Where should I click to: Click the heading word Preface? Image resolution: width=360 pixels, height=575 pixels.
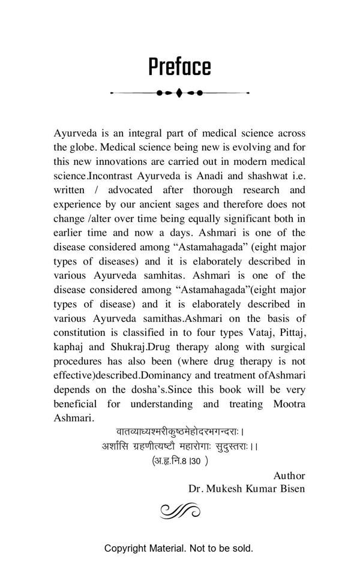pos(179,67)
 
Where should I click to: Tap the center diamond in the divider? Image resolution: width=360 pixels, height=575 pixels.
pos(179,93)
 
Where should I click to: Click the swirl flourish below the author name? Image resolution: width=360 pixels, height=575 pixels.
pos(179,511)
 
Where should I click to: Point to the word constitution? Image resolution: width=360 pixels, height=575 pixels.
pos(82,333)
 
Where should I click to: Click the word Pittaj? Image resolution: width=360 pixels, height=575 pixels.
pos(290,333)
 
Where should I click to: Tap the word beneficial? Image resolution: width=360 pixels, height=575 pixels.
pos(76,404)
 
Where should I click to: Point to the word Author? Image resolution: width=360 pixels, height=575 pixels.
pos(289,476)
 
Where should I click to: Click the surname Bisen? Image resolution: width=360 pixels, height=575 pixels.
pos(291,489)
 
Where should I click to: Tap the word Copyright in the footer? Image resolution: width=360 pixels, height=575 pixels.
pos(125,548)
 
